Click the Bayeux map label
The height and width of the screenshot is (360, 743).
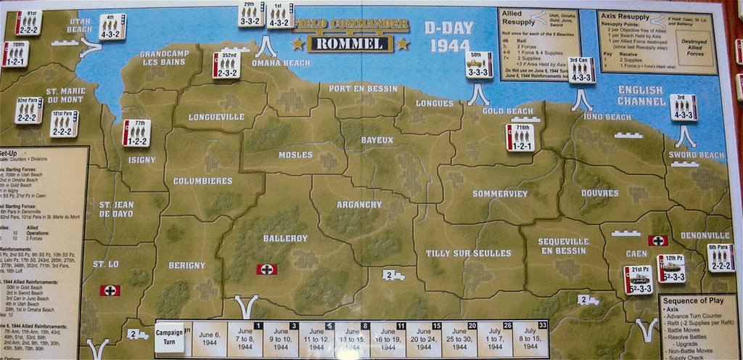click(377, 140)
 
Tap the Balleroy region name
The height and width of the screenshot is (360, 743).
click(285, 238)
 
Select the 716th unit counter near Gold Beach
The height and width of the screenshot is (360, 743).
click(520, 137)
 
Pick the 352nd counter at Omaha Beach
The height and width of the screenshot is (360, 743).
click(226, 65)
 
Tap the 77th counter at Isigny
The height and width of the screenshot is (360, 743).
click(136, 133)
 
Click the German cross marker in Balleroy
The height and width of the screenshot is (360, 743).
click(267, 269)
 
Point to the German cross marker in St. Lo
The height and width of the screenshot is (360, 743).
click(110, 290)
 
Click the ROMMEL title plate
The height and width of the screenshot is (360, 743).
click(350, 44)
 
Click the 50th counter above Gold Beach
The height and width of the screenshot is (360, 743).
click(477, 64)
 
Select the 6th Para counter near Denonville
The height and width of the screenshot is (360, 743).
click(721, 258)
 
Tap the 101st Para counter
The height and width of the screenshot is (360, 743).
click(64, 123)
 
